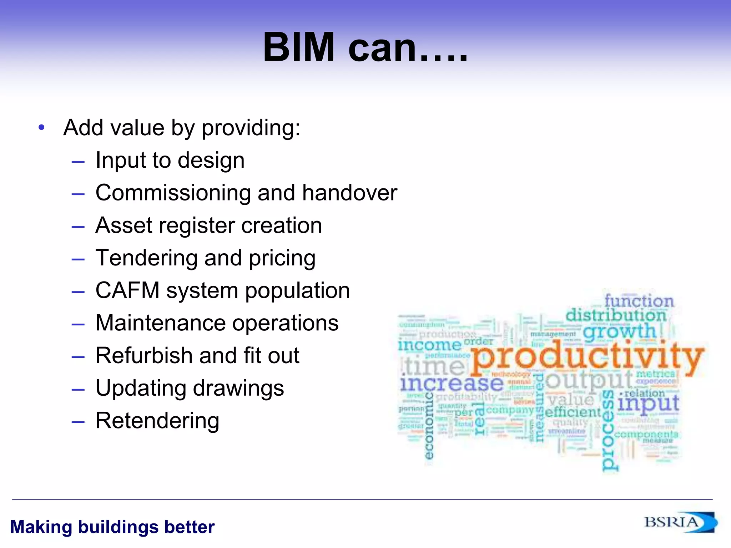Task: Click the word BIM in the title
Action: [x=299, y=47]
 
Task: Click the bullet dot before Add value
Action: [x=42, y=127]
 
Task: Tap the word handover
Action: [x=349, y=193]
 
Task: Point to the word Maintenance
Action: [x=161, y=323]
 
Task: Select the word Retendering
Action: [x=157, y=421]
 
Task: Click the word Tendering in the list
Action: [x=146, y=258]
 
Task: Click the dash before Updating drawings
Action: [x=78, y=389]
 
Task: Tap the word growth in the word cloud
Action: [x=619, y=331]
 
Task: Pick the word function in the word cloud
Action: [x=639, y=301]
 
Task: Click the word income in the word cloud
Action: [x=429, y=345]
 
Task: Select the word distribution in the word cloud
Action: [x=616, y=315]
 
